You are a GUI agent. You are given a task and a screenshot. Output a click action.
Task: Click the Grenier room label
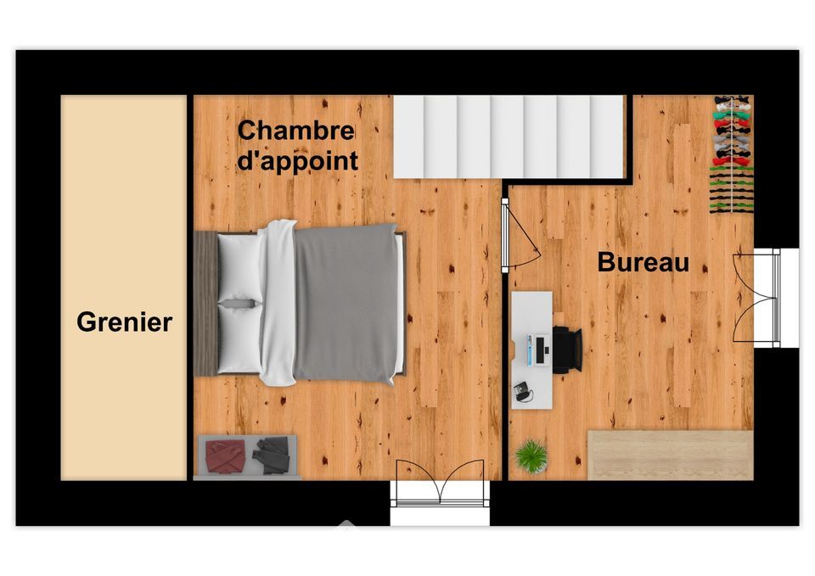[124, 322]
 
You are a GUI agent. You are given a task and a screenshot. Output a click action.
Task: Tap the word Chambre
[295, 131]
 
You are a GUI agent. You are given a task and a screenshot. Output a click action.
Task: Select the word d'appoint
[297, 160]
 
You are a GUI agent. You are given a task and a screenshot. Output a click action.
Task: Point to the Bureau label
[643, 262]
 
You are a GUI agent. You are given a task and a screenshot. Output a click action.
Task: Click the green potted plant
[531, 456]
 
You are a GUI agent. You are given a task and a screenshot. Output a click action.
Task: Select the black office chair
[567, 350]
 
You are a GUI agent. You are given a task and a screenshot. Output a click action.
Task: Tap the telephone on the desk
[522, 391]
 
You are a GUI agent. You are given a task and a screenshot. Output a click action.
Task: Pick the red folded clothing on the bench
[226, 456]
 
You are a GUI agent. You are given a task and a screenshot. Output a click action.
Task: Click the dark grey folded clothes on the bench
[272, 455]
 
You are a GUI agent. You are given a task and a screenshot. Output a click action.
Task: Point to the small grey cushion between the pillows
[239, 304]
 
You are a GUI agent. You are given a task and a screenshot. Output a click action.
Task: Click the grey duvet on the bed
[345, 304]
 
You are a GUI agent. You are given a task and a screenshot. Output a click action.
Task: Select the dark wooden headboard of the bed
[205, 304]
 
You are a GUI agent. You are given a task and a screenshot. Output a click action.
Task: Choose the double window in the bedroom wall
[440, 483]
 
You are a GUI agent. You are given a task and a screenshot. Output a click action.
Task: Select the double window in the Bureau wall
[756, 298]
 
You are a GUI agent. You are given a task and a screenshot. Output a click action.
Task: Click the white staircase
[509, 137]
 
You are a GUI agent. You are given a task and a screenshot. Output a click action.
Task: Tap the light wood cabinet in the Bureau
[671, 455]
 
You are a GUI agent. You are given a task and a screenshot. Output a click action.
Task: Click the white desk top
[531, 350]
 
